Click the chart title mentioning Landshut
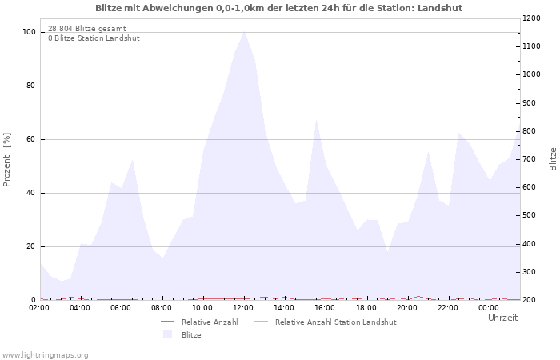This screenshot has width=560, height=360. [278, 8]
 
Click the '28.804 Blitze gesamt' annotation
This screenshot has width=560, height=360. [86, 29]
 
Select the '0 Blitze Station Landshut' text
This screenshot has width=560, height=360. [94, 38]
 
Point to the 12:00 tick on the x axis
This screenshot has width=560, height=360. [243, 307]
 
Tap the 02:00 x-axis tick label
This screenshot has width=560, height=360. [40, 307]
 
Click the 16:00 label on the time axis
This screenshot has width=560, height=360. [325, 307]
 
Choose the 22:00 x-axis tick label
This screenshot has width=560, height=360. [447, 307]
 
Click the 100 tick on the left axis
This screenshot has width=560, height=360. [29, 32]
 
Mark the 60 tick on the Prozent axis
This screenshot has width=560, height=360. [31, 139]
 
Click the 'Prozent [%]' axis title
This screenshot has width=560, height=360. [7, 159]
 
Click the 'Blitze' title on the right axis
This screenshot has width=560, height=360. [553, 158]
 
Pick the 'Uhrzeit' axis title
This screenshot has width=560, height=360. [502, 318]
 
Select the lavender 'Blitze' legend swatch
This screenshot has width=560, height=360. [167, 334]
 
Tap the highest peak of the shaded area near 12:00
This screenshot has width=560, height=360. [244, 32]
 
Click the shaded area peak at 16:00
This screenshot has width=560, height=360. [317, 120]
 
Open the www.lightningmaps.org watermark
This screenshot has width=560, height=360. [46, 354]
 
